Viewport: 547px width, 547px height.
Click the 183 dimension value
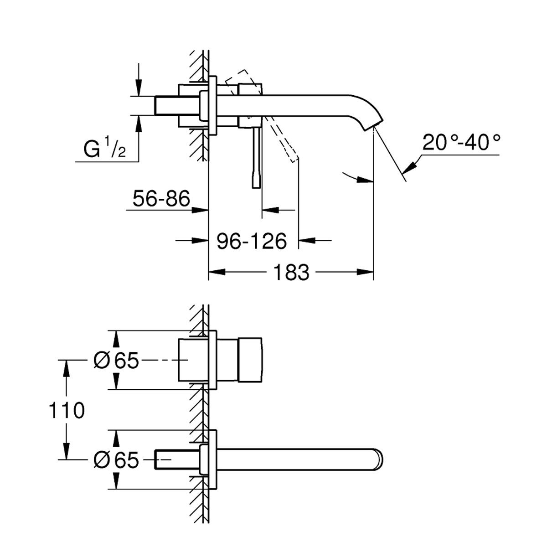click(x=291, y=272)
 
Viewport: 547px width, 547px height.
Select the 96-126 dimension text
click(x=252, y=241)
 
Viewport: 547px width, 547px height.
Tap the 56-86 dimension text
click(x=161, y=198)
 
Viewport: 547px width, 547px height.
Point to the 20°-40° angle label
click(x=461, y=142)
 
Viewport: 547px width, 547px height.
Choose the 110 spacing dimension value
click(x=67, y=410)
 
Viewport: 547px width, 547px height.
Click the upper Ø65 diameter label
click(x=116, y=361)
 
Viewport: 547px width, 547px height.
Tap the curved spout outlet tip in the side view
click(x=372, y=125)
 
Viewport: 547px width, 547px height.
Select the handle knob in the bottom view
click(x=250, y=360)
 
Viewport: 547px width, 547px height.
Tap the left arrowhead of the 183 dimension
click(x=217, y=272)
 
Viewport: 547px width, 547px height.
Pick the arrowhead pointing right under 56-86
click(x=201, y=210)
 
